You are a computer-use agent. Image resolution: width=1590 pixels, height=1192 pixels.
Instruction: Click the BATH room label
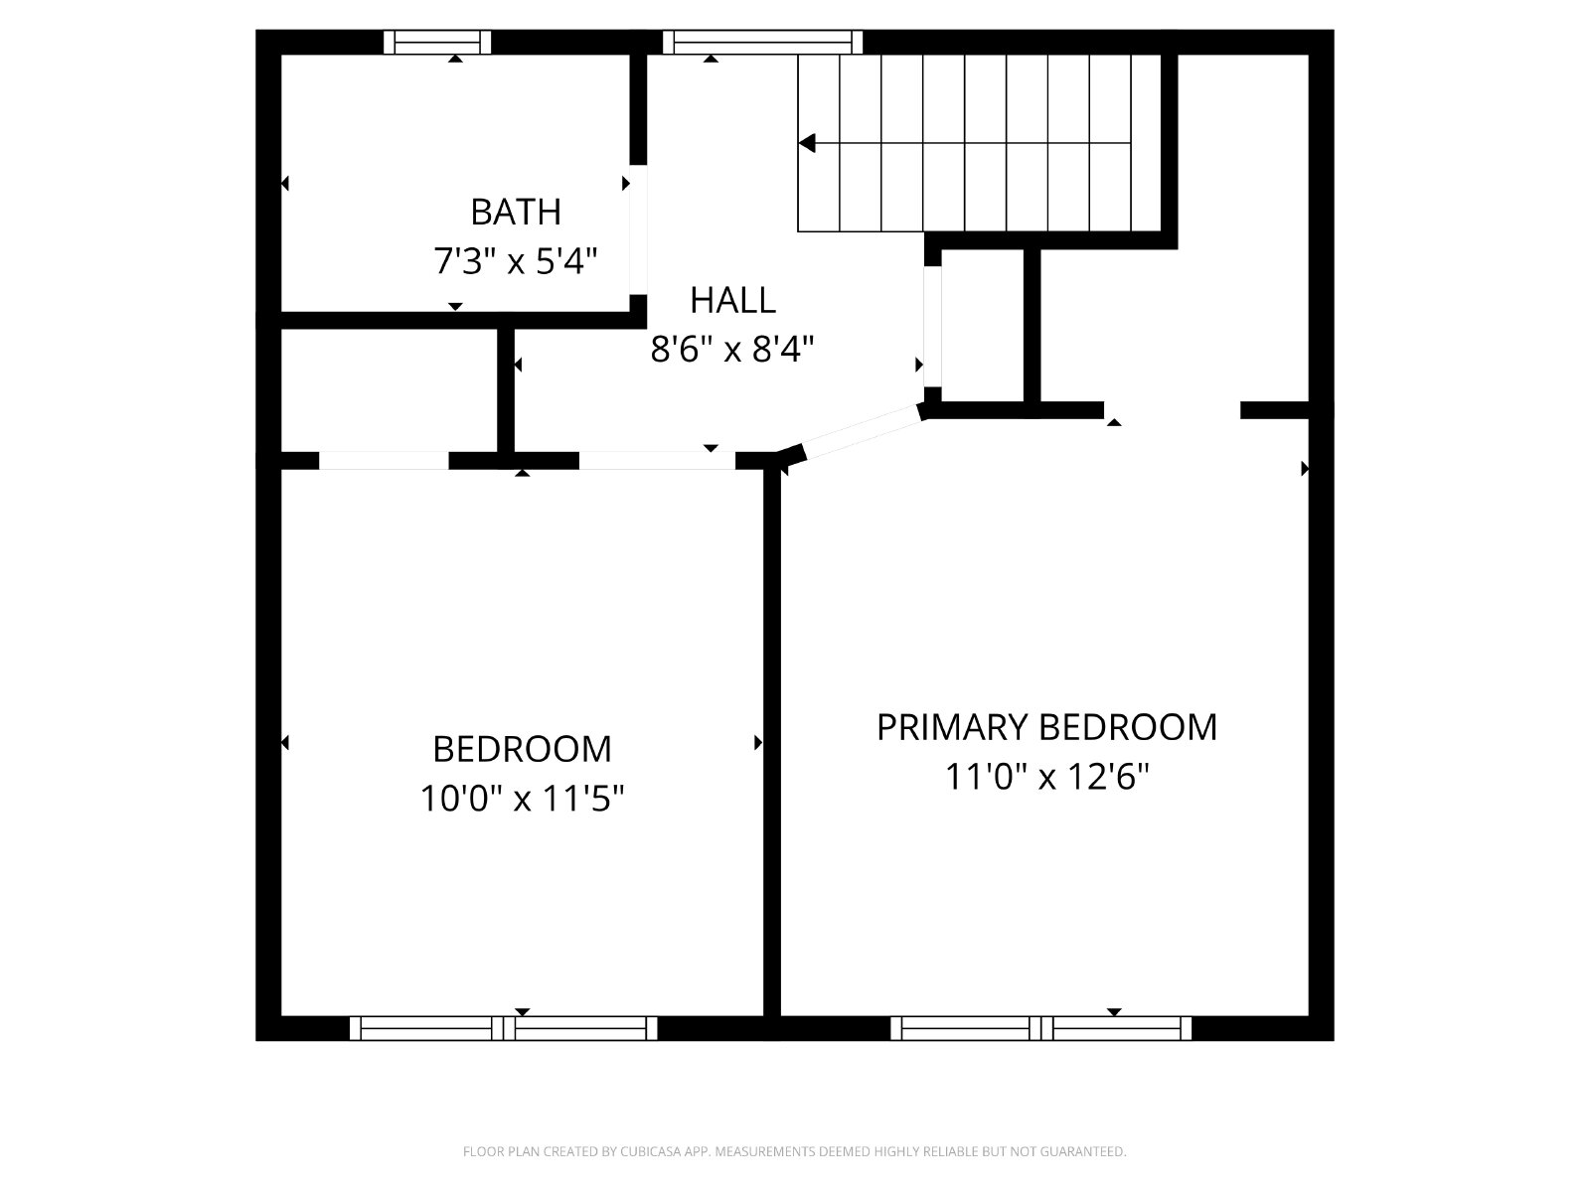pyautogui.click(x=516, y=212)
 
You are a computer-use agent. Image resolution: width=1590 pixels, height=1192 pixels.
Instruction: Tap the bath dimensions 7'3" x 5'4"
pyautogui.click(x=516, y=260)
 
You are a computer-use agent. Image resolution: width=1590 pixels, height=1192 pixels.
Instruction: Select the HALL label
pyautogui.click(x=732, y=300)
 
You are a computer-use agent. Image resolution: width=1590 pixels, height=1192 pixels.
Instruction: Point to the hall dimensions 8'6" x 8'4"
pyautogui.click(x=732, y=349)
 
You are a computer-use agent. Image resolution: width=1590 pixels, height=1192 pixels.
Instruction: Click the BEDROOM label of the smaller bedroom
pyautogui.click(x=523, y=749)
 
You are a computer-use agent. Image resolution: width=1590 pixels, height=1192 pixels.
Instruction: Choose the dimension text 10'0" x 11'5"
pyautogui.click(x=523, y=799)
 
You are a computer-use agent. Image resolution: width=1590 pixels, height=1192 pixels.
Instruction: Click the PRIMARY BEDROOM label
pyautogui.click(x=1046, y=727)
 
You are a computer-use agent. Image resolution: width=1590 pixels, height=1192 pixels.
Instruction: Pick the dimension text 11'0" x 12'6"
pyautogui.click(x=1046, y=777)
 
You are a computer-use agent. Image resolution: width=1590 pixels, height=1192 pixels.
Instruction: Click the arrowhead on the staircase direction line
pyautogui.click(x=807, y=143)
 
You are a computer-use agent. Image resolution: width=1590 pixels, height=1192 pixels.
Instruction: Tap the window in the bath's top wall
pyautogui.click(x=437, y=42)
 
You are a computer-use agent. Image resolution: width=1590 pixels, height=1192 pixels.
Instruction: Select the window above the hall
pyautogui.click(x=763, y=42)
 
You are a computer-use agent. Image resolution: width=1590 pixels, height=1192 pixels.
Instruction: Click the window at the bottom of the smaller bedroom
pyautogui.click(x=504, y=1028)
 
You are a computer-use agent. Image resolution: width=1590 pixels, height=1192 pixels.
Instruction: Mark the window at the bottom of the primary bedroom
pyautogui.click(x=1040, y=1028)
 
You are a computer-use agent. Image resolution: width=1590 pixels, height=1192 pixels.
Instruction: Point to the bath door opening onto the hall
pyautogui.click(x=638, y=230)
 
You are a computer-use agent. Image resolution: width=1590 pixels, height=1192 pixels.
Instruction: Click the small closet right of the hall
pyautogui.click(x=982, y=325)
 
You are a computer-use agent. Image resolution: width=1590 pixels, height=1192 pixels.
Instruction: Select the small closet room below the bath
pyautogui.click(x=389, y=390)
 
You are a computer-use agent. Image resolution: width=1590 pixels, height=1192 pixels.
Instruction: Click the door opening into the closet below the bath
pyautogui.click(x=384, y=461)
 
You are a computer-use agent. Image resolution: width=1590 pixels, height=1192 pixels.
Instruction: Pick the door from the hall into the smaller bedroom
pyautogui.click(x=657, y=461)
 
